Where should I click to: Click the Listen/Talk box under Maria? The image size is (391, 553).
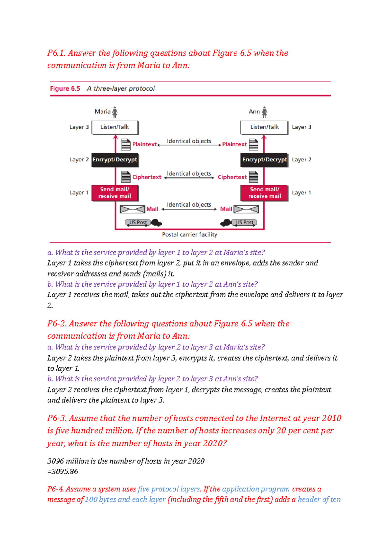[x=115, y=127]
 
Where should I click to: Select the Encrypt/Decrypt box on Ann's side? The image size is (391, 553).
[x=264, y=160]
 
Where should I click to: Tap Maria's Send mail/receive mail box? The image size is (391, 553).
[x=115, y=193]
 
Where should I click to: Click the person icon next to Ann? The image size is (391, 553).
[x=265, y=112]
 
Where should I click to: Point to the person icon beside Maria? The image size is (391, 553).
[x=115, y=112]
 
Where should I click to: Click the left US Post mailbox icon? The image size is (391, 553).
[x=138, y=222]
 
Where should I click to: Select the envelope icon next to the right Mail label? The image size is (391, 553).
[x=246, y=209]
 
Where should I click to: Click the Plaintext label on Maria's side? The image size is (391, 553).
[x=144, y=144]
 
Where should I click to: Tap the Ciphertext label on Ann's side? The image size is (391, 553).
[x=232, y=177]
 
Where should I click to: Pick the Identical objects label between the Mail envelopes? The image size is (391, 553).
[x=189, y=205]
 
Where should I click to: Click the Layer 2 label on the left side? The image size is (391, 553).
[x=79, y=160]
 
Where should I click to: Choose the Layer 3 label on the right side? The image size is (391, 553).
[x=301, y=127]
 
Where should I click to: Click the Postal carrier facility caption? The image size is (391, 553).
[x=189, y=234]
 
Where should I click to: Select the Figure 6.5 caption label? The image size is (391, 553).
[x=65, y=89]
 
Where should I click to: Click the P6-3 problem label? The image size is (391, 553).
[x=57, y=418]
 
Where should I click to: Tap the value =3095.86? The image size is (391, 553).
[x=63, y=472]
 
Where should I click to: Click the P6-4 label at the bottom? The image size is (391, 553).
[x=55, y=489]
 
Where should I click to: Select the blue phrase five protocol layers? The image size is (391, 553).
[x=168, y=489]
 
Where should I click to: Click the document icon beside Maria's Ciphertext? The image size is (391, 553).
[x=126, y=177]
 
